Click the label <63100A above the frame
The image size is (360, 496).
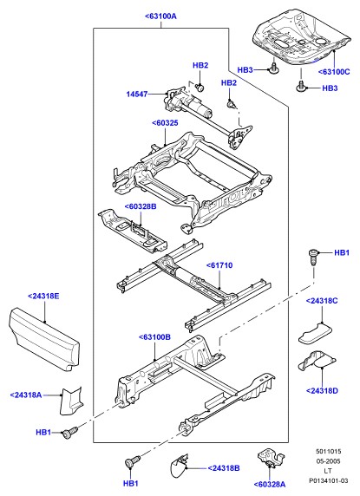[160, 16]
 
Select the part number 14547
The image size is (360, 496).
[137, 94]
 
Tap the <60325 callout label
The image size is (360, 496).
[165, 123]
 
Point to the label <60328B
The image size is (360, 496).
[141, 206]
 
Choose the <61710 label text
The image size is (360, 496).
[219, 265]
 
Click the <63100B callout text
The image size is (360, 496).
[154, 337]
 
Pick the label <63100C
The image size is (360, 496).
[334, 72]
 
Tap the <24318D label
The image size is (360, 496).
[322, 391]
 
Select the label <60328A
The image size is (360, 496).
[269, 485]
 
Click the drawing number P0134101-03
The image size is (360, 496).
[329, 480]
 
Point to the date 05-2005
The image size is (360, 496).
[329, 461]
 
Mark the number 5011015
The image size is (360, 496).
[329, 452]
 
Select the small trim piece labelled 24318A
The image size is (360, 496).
[71, 401]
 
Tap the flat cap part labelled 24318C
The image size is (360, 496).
[316, 333]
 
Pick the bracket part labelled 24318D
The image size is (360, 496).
[317, 361]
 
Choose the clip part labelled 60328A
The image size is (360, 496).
[271, 458]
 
